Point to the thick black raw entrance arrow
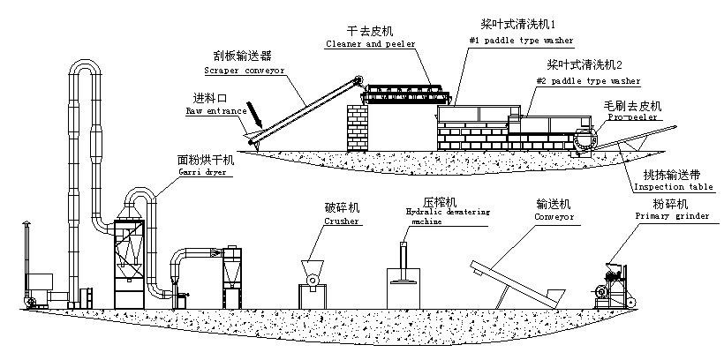coord(255,114)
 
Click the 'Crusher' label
coord(340,223)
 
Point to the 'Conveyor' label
coord(554,215)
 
